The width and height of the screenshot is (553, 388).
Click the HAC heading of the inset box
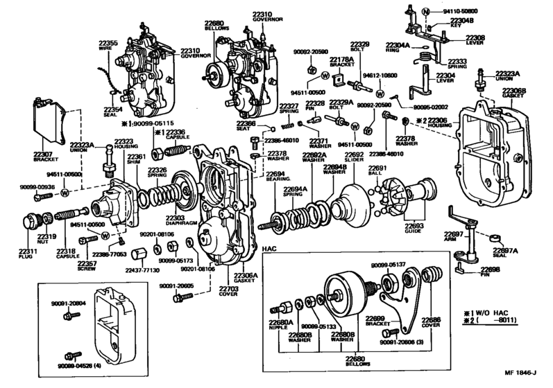(271, 248)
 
